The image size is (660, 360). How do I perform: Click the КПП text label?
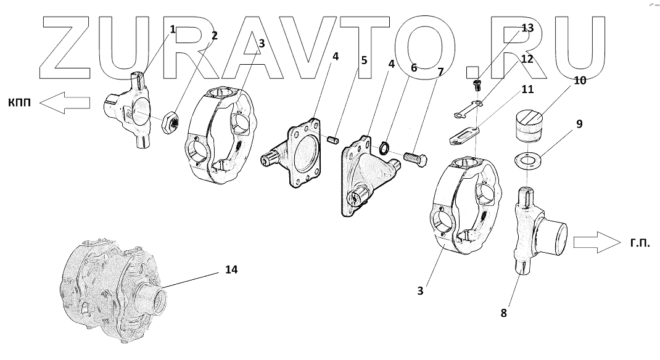pyautogui.click(x=21, y=103)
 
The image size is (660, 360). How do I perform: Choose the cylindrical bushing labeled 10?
pyautogui.click(x=528, y=126)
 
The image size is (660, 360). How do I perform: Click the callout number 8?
pyautogui.click(x=503, y=313)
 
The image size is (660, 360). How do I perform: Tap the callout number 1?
pyautogui.click(x=173, y=29)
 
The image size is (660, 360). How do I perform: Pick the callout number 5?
pyautogui.click(x=364, y=60)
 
